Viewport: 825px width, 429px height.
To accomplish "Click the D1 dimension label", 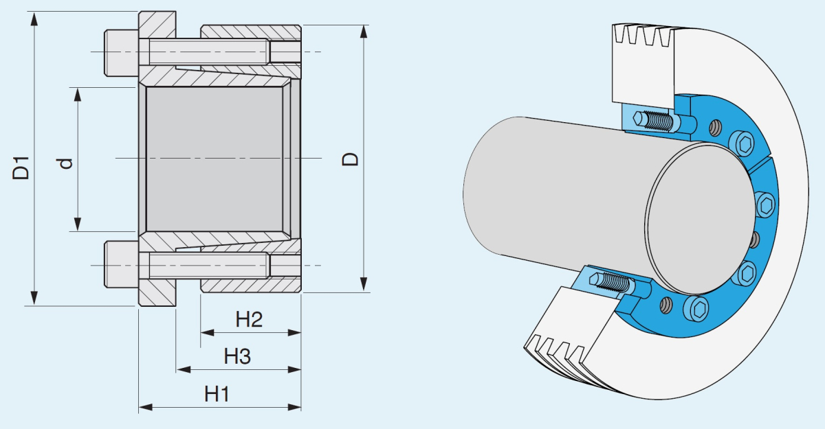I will (23, 168).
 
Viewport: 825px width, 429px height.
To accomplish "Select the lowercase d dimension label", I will (66, 163).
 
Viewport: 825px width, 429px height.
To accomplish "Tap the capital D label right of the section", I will (351, 159).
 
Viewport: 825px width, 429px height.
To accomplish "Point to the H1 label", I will (217, 394).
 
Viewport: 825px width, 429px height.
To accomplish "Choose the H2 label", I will (249, 319).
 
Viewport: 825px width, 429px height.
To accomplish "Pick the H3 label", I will (237, 356).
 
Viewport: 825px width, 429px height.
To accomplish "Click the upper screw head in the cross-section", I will (121, 52).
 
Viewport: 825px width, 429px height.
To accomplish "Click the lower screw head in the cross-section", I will (121, 264).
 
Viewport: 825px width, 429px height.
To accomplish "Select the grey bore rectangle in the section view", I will (214, 159).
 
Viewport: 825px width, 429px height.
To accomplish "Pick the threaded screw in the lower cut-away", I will (615, 283).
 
